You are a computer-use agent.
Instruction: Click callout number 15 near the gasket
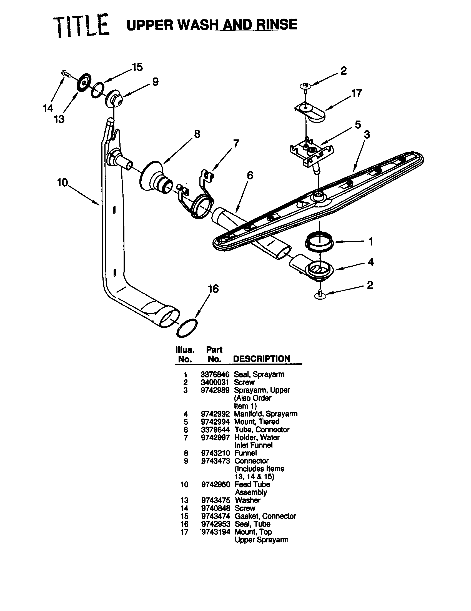pos(137,67)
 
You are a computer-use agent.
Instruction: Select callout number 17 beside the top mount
pos(357,93)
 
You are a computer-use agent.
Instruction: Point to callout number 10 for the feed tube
pos(62,183)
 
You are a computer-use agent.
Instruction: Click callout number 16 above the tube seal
pos(213,289)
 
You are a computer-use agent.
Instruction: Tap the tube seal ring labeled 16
pos(187,328)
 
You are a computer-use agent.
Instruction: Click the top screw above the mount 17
pos(305,85)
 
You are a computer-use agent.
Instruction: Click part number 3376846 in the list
pos(215,374)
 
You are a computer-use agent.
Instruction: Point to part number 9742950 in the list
pos(215,484)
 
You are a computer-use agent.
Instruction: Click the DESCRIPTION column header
pos(262,359)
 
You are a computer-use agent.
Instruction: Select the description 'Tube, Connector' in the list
pos(262,429)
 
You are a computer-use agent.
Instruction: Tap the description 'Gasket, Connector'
pos(265,516)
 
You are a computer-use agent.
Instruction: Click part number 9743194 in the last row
pos(215,532)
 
